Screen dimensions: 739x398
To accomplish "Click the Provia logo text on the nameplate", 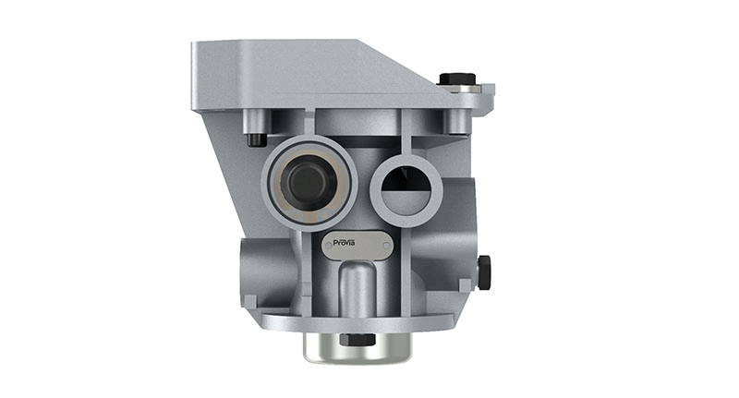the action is [x=344, y=243].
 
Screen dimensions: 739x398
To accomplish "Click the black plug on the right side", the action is [x=484, y=272].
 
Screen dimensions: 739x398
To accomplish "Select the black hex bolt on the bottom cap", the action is [x=357, y=339].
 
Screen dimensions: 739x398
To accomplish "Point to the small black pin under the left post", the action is [x=257, y=139].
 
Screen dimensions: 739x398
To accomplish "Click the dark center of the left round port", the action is [x=308, y=181].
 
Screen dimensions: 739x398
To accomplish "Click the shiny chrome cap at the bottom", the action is [x=357, y=347].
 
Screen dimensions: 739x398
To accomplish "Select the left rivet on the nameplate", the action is [x=329, y=245].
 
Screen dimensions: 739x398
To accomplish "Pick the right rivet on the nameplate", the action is [x=386, y=246].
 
